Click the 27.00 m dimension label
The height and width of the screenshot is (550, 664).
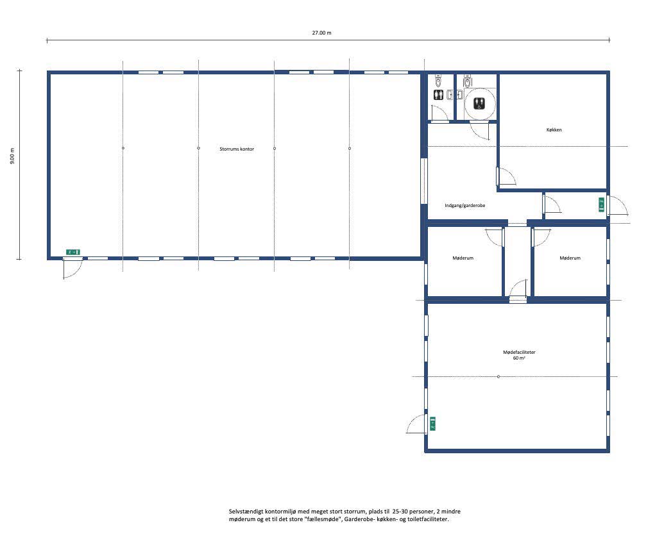click(322, 33)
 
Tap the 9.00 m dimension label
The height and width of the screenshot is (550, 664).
click(12, 156)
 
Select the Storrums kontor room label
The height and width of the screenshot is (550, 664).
click(237, 149)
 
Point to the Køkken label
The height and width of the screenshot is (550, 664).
click(554, 130)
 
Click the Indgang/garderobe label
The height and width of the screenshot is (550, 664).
click(465, 206)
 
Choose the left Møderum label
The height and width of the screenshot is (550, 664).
click(463, 258)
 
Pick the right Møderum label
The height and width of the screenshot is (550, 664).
click(570, 258)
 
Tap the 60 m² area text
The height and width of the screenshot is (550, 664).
click(519, 358)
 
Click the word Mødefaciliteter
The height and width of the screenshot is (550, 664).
click(519, 352)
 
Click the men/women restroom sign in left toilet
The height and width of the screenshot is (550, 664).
click(438, 95)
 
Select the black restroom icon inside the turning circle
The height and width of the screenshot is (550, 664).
click(479, 103)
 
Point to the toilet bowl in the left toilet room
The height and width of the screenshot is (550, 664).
click(438, 80)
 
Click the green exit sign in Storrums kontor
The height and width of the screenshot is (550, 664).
click(73, 252)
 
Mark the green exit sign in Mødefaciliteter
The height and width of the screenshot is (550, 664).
click(432, 424)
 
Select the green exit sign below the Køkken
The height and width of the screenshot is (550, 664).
click(601, 204)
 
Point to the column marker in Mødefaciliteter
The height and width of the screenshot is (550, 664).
click(498, 376)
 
